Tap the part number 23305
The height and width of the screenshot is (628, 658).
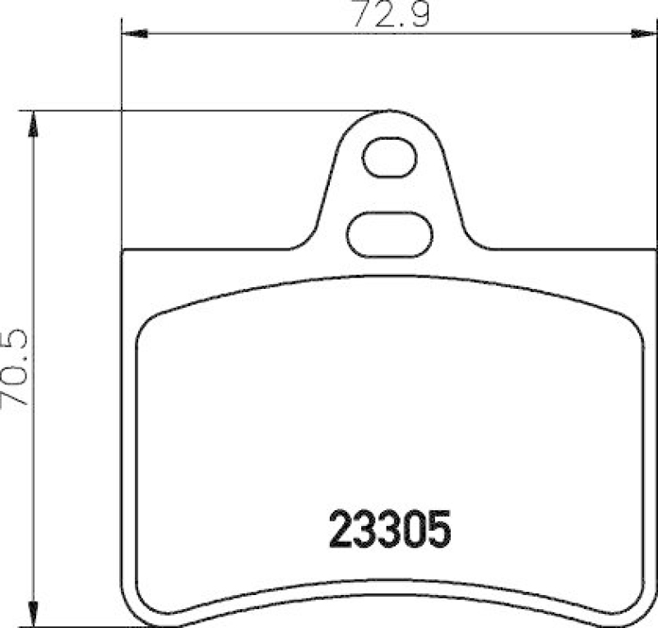[x=391, y=528]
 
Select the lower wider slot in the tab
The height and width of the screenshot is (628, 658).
[x=390, y=235]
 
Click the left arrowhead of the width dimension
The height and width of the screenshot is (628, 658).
[x=134, y=34]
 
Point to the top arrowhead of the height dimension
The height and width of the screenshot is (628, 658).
[x=33, y=124]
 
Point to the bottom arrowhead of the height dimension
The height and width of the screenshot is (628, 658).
[x=33, y=613]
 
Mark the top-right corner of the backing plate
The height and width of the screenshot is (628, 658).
[x=655, y=252]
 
